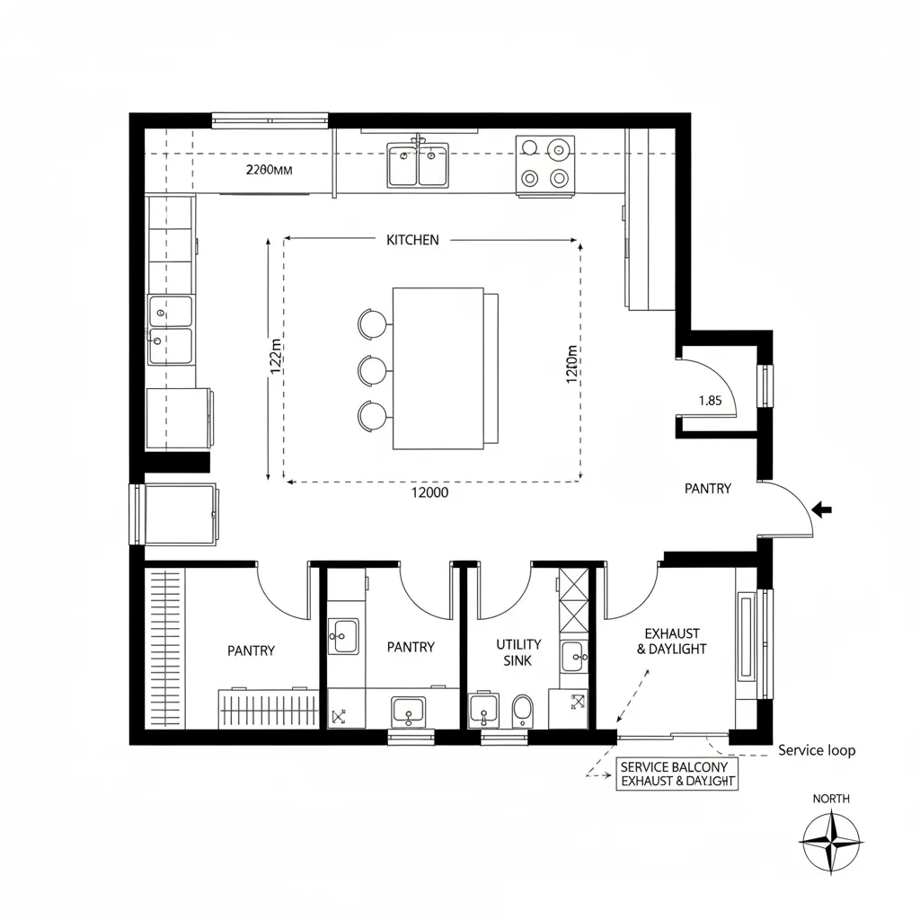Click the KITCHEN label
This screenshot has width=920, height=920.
tap(412, 240)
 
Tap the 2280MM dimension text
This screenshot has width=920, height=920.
tap(270, 169)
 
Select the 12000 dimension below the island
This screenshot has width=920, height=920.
tap(429, 492)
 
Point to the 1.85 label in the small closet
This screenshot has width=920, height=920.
tap(710, 401)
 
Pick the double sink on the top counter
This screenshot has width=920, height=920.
tap(418, 164)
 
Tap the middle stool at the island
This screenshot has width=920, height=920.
tap(371, 369)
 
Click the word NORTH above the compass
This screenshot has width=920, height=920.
tap(831, 799)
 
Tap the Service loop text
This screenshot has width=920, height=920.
tap(817, 750)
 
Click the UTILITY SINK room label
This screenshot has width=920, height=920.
tap(518, 652)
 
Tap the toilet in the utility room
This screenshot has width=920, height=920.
tap(522, 712)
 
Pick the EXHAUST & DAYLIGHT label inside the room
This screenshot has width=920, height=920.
tap(672, 641)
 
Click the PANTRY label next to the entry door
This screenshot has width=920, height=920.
tap(708, 489)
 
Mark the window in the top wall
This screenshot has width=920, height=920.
tap(270, 120)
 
